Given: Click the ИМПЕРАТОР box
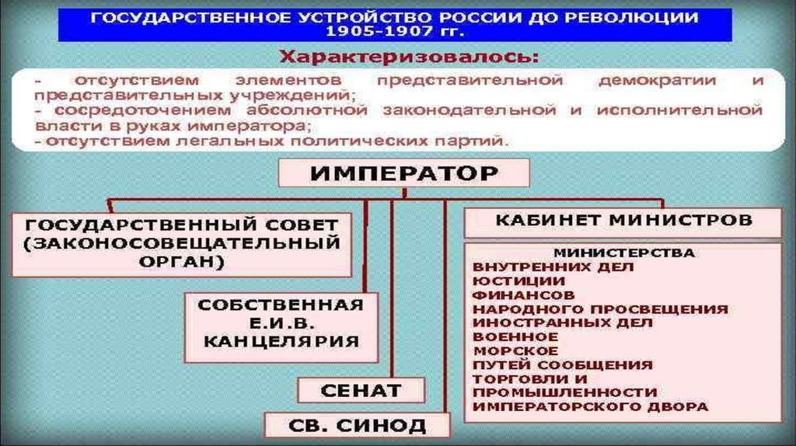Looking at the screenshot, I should coord(403,173).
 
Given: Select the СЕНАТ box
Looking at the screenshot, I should coord(361,390).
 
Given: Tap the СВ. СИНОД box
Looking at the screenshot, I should coord(358,425).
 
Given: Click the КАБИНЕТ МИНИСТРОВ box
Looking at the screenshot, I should coord(623,221).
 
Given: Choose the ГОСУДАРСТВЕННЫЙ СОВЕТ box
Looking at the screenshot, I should coord(181,243).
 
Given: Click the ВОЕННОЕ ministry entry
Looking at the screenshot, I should coord(515,336).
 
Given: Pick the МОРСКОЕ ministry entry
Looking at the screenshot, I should coord(515,350).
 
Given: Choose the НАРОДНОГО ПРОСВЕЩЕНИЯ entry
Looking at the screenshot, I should coord(600,308).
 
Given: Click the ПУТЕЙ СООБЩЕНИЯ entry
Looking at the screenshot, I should coord(563,364).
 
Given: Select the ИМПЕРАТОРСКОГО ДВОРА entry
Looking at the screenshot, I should coord(591,406).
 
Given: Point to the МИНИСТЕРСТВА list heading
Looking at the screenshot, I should coord(623,253).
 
